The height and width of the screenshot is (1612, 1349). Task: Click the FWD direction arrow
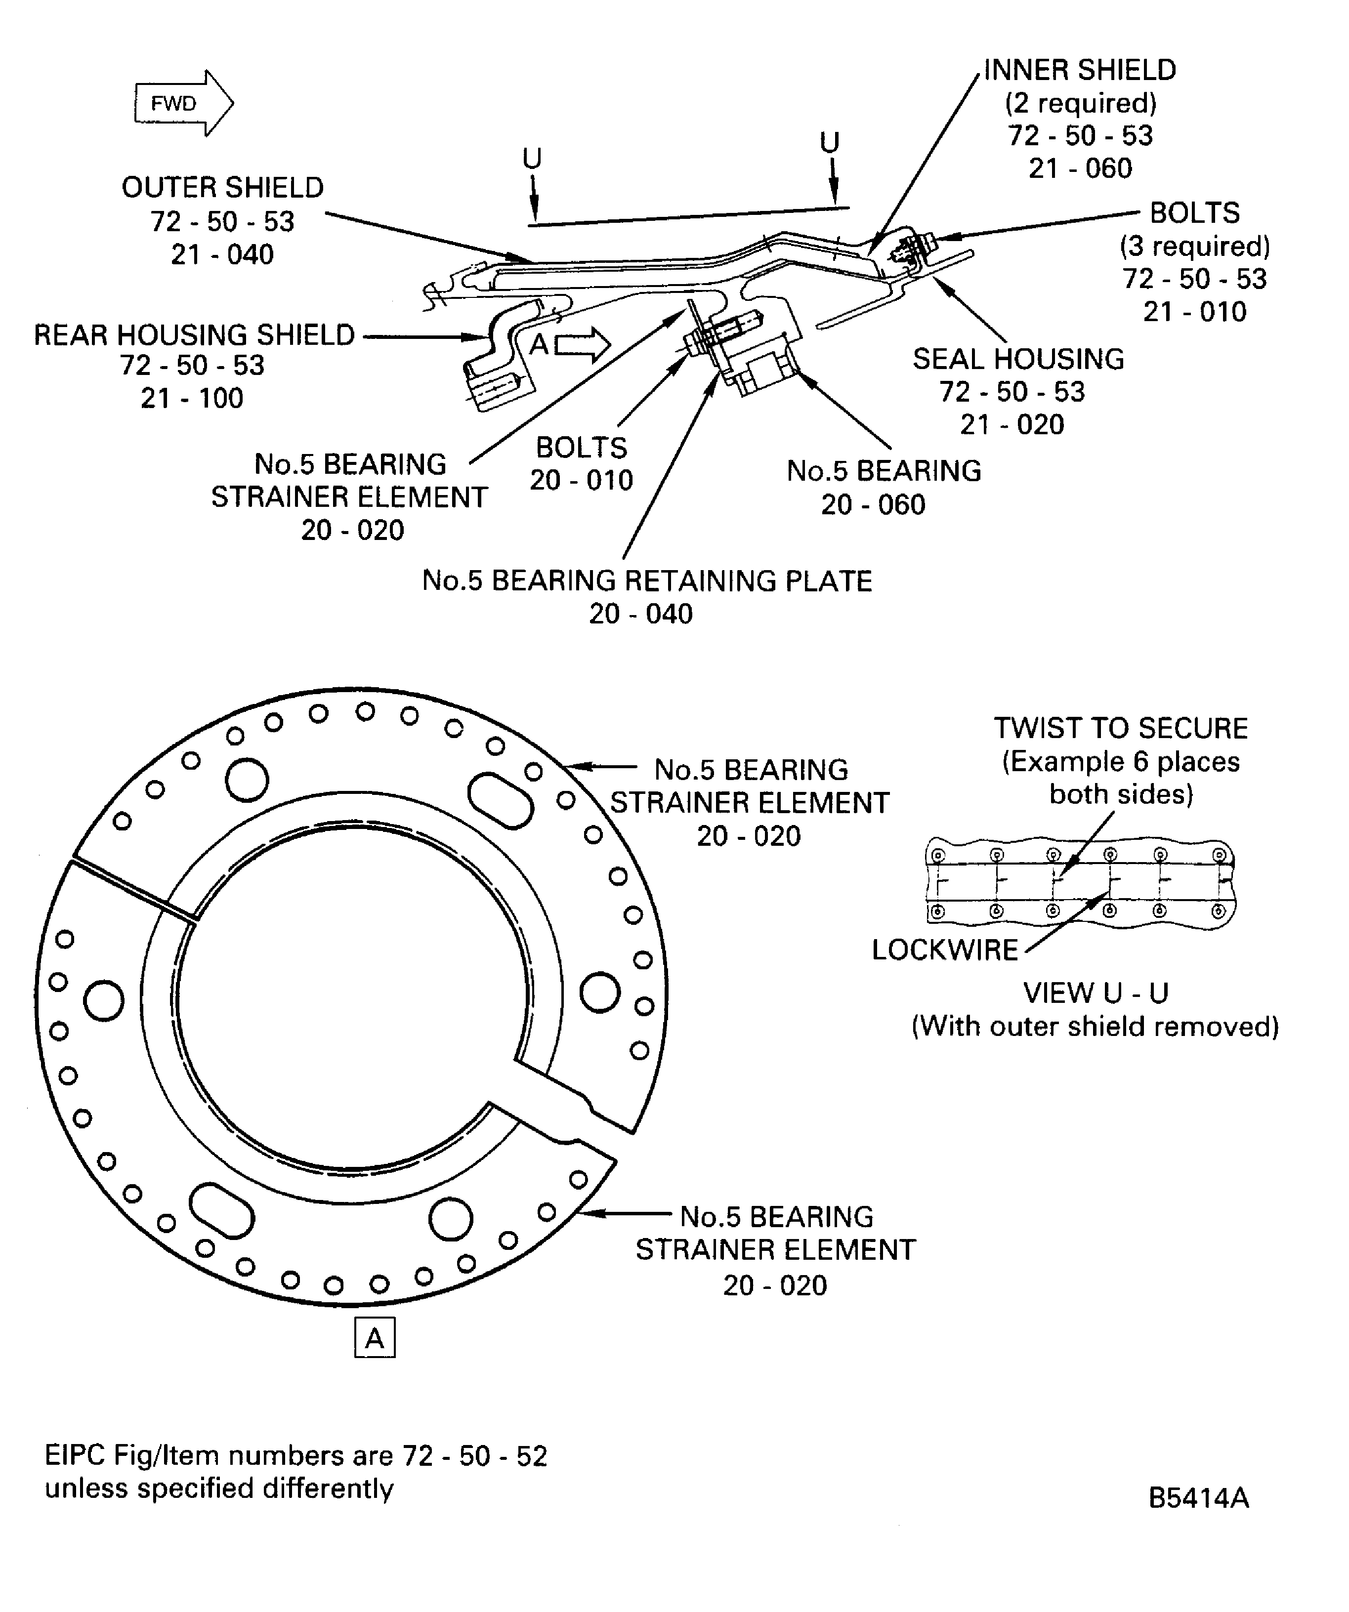click(x=183, y=103)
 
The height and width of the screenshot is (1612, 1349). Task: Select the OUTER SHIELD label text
click(x=223, y=187)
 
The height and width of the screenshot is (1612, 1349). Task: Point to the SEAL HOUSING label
click(x=1017, y=359)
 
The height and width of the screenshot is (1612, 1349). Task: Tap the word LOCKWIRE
click(x=944, y=951)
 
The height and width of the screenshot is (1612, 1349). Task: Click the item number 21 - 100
click(x=192, y=398)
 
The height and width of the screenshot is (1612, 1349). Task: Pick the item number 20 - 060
click(x=873, y=504)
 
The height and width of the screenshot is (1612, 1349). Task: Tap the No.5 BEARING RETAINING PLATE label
click(x=646, y=581)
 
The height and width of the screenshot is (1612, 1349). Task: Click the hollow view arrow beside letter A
click(x=582, y=345)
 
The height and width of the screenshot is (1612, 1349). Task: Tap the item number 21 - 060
click(x=1080, y=168)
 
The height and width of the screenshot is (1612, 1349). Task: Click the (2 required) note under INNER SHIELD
click(x=1080, y=103)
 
